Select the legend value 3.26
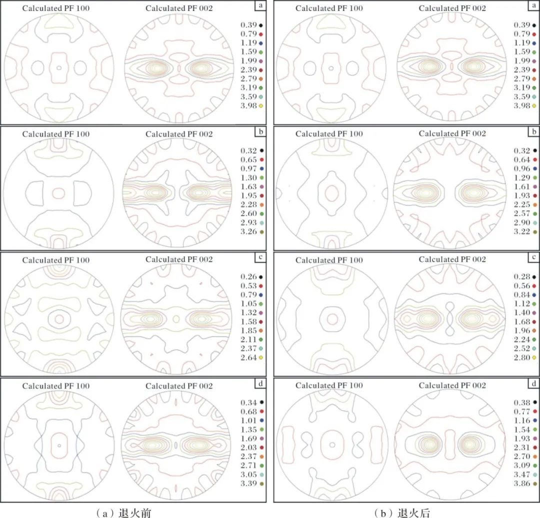click(248, 232)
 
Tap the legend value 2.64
click(248, 357)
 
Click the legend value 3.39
click(248, 484)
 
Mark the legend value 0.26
click(248, 276)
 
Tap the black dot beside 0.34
click(261, 402)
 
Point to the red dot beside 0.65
click(261, 159)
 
